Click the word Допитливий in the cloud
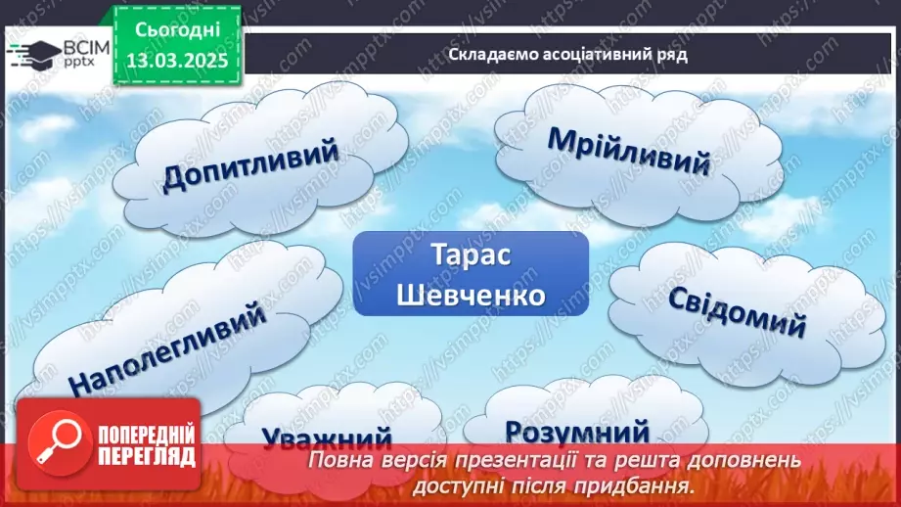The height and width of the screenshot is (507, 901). point(250,163)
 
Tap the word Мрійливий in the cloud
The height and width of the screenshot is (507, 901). point(627,151)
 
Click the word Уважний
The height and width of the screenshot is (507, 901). point(327,438)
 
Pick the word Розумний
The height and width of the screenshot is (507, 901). point(578,431)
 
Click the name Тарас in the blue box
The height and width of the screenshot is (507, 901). point(470,253)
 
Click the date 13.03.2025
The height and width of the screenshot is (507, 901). point(177,58)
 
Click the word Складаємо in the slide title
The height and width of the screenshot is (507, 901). point(486,55)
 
